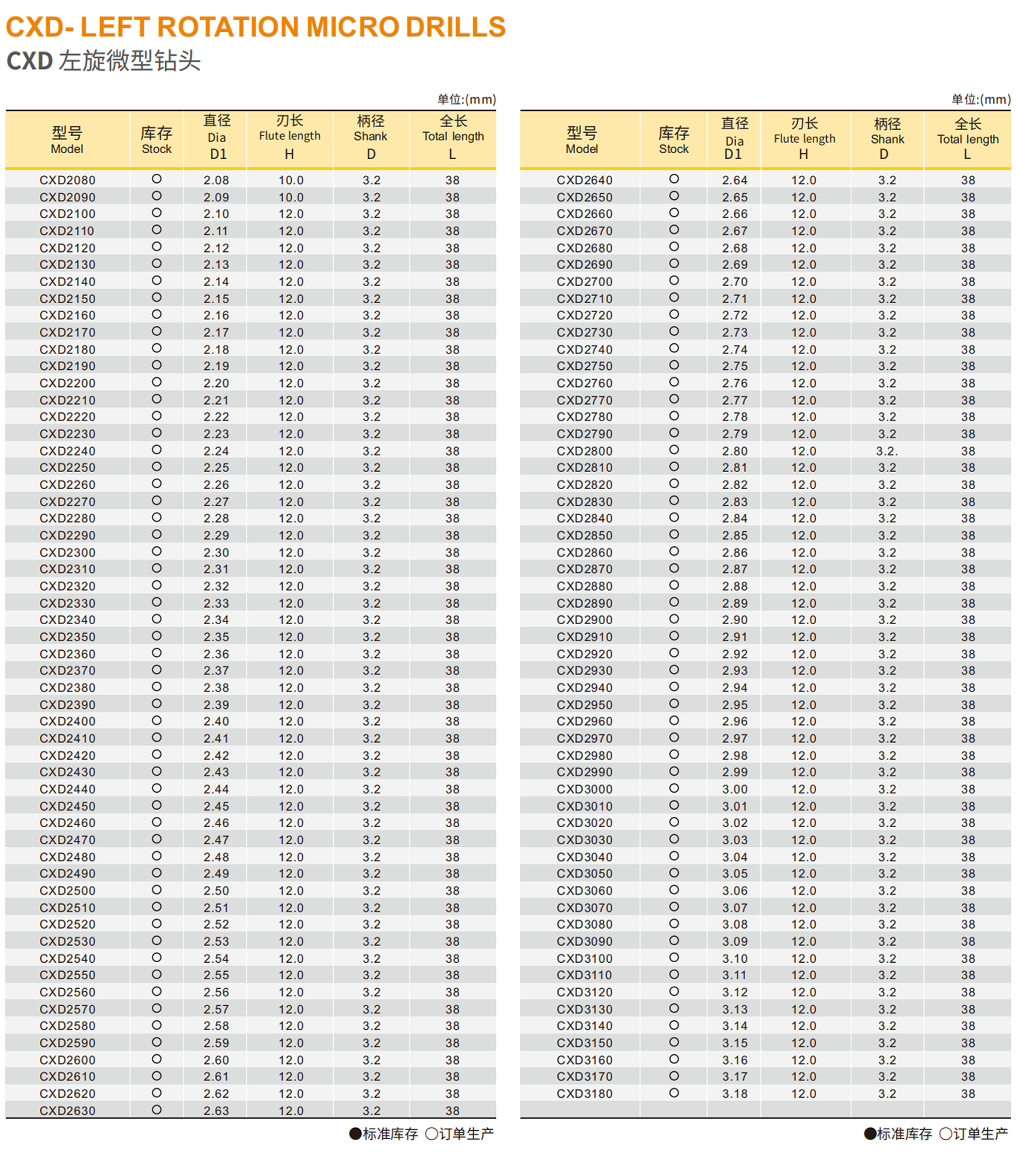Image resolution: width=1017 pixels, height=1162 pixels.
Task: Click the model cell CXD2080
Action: pyautogui.click(x=68, y=180)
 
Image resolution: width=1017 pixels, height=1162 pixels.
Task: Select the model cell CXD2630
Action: pyautogui.click(x=68, y=1111)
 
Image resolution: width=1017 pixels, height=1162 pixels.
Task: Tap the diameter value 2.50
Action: pyautogui.click(x=216, y=891)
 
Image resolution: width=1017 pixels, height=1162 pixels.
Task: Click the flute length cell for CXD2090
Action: pyautogui.click(x=291, y=197)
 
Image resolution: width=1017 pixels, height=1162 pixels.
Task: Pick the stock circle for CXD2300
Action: pyautogui.click(x=157, y=551)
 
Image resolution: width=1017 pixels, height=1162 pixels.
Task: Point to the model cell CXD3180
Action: pyautogui.click(x=585, y=1093)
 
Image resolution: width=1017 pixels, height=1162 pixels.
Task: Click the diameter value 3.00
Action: pyautogui.click(x=735, y=789)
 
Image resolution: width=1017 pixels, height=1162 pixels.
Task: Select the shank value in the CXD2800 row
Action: pyautogui.click(x=887, y=451)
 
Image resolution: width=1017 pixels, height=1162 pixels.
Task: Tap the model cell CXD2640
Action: pyautogui.click(x=585, y=180)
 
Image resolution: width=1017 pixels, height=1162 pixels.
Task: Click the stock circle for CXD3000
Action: pyautogui.click(x=674, y=788)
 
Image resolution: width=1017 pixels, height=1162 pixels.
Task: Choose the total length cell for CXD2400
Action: pyautogui.click(x=452, y=722)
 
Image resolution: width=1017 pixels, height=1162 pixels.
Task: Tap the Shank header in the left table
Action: pyautogui.click(x=371, y=137)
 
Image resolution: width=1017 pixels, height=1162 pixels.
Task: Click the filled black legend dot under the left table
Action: pyautogui.click(x=355, y=1133)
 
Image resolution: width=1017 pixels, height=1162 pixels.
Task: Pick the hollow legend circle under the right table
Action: pyautogui.click(x=945, y=1133)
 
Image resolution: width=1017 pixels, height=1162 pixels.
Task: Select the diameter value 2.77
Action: pyautogui.click(x=735, y=400)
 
